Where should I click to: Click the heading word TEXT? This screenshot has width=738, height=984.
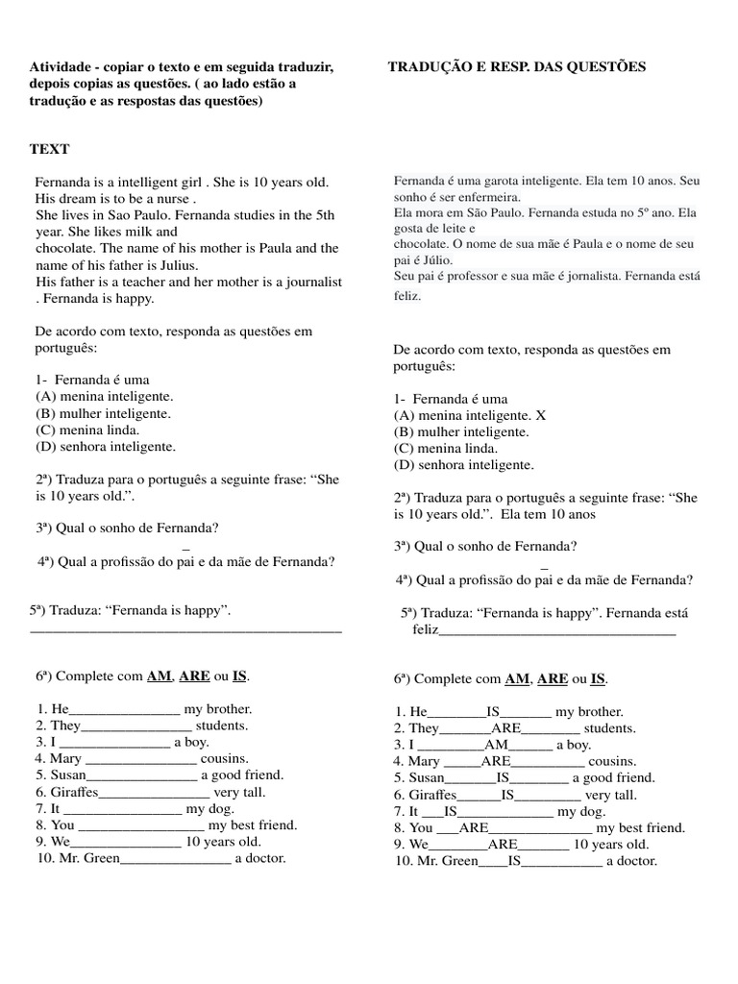[x=49, y=149]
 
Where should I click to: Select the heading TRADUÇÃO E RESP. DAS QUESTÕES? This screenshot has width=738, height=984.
[x=517, y=66]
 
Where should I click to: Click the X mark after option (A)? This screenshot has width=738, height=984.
[x=540, y=415]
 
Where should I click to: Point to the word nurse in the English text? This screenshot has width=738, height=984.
[x=169, y=199]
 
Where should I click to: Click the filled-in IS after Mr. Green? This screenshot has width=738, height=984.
[x=514, y=861]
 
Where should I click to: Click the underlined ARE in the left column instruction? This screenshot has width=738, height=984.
[x=194, y=676]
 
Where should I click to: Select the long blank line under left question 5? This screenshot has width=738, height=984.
[x=186, y=629]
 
